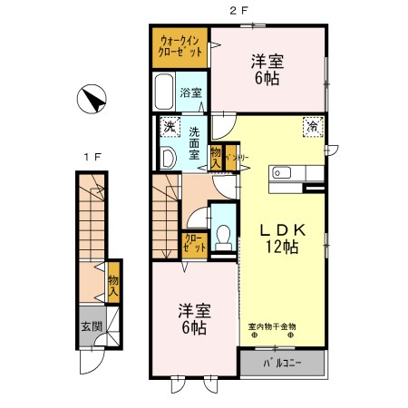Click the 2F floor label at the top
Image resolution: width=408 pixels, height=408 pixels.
click(238, 10)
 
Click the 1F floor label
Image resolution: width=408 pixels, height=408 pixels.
click(92, 157)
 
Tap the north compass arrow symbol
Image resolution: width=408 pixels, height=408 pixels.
click(92, 98)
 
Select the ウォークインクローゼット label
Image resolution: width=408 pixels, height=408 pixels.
click(180, 46)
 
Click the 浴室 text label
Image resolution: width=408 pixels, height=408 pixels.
click(189, 92)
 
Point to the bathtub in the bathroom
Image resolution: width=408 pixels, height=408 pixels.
click(165, 92)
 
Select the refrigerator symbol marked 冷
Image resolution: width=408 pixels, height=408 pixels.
click(311, 128)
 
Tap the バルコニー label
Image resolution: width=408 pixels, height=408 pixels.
click(282, 364)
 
